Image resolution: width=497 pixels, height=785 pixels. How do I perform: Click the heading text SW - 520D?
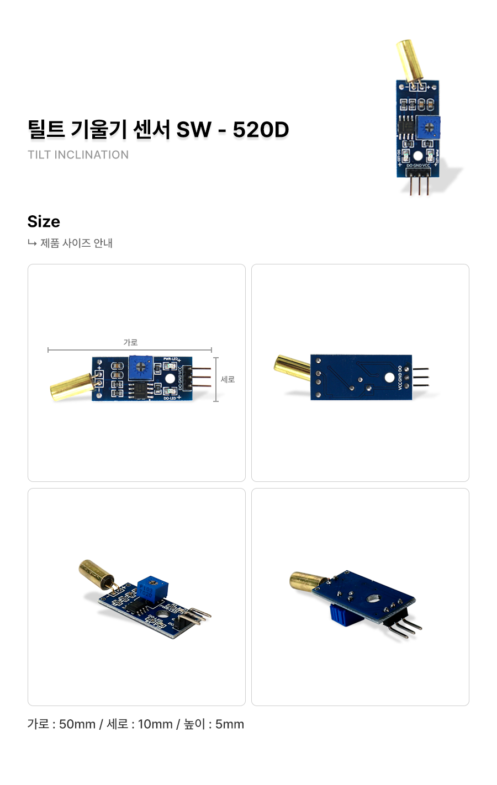232,130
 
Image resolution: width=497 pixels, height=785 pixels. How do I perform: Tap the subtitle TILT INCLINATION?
78,155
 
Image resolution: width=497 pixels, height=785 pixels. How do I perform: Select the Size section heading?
44,221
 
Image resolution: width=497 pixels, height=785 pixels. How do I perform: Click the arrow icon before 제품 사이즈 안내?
32,243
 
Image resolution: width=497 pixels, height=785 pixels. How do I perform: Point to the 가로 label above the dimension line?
130,342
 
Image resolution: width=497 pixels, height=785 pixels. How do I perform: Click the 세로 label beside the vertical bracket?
228,379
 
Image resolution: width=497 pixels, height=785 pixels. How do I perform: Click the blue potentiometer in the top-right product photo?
428,128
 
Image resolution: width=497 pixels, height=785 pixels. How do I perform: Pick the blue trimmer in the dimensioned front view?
141,367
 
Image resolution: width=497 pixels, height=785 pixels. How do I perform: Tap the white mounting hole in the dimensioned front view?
170,379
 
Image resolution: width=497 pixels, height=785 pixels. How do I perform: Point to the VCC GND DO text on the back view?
400,378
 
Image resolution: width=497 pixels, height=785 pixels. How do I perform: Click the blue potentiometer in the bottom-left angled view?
151,588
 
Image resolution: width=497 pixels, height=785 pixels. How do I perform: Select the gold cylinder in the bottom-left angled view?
97,574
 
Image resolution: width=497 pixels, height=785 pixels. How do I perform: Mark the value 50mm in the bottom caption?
77,724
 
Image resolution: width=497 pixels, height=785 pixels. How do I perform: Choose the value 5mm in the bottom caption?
229,724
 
